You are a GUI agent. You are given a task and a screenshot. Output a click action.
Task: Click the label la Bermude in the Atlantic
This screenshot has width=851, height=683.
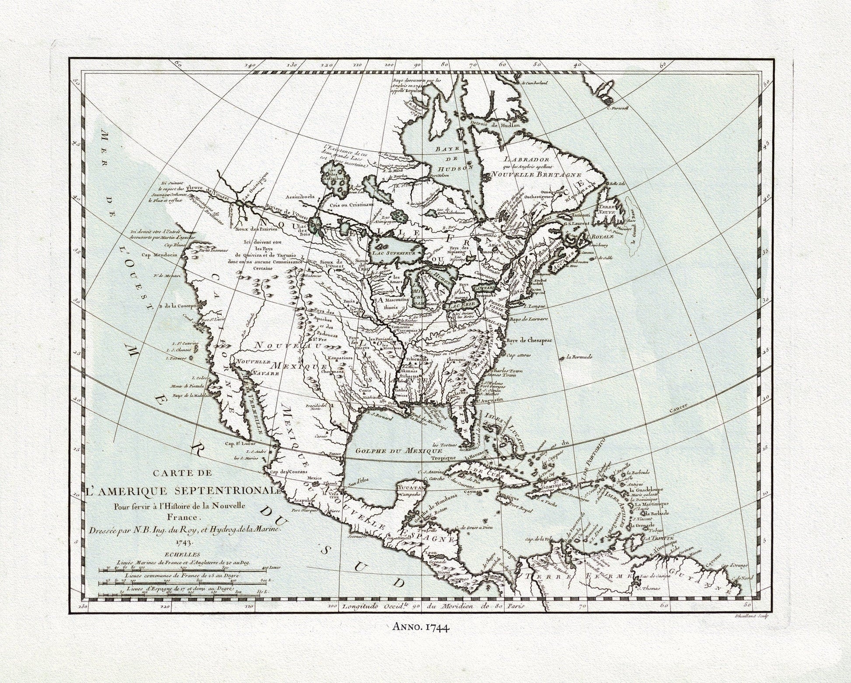(579, 357)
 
